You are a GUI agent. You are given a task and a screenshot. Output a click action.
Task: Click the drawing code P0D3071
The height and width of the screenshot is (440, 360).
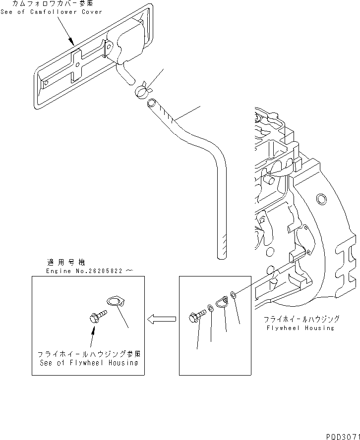tap(342, 436)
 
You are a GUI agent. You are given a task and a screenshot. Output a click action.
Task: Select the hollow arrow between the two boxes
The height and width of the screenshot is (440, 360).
tap(161, 319)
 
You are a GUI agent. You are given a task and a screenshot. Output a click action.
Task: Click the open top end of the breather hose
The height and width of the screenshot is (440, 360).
tap(151, 103)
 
